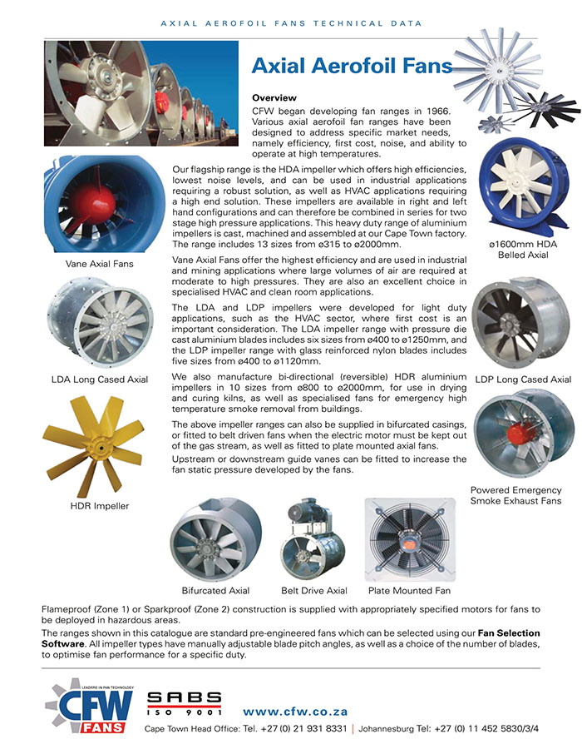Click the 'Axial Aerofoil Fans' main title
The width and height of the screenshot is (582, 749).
tap(352, 66)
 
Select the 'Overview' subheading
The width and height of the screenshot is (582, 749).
tap(274, 98)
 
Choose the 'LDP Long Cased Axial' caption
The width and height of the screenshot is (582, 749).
tap(523, 380)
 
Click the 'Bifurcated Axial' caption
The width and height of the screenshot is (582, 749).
tap(215, 591)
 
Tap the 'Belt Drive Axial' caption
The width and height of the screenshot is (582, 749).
tap(313, 591)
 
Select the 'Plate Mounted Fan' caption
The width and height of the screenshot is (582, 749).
tap(409, 591)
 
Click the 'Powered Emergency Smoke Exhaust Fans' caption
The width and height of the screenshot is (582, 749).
tap(516, 495)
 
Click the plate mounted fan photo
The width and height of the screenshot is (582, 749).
tap(409, 538)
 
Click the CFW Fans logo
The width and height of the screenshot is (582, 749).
tap(90, 705)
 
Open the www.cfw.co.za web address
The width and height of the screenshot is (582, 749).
tap(295, 712)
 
